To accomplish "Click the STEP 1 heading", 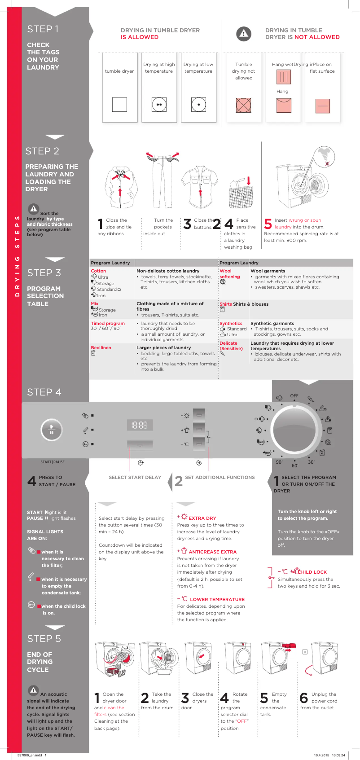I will [x=43, y=29].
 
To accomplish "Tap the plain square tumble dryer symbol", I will [x=119, y=105].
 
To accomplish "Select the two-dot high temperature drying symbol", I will [x=159, y=105].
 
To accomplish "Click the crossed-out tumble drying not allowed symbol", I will [x=243, y=105].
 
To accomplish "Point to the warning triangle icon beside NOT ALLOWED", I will [x=243, y=34].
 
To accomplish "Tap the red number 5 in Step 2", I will [x=268, y=224].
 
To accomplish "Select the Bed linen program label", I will [x=101, y=348].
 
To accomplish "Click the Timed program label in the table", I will [x=108, y=323].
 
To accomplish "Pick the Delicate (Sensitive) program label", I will [x=231, y=346].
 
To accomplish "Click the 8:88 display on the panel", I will [x=140, y=425].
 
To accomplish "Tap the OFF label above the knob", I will [x=294, y=396].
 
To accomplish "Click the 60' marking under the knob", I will [x=295, y=466].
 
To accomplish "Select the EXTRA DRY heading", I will [x=202, y=518].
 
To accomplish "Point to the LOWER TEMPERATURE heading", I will [x=217, y=599].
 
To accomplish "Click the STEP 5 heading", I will [x=44, y=638].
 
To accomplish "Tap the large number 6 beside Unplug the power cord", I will [x=304, y=698].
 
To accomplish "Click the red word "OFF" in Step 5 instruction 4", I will [x=242, y=721].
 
